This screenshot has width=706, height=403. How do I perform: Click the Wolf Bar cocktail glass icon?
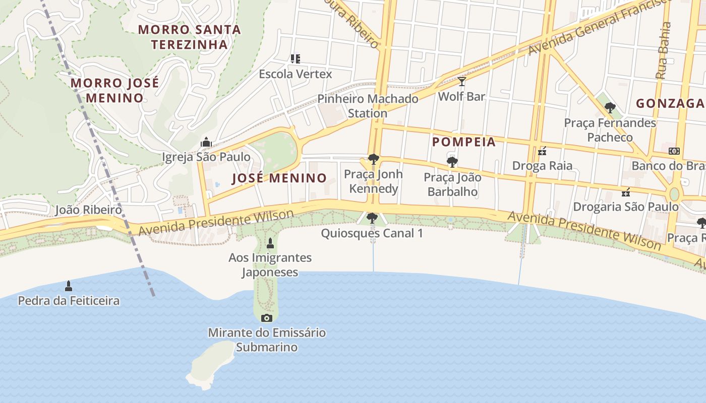[x=461, y=81]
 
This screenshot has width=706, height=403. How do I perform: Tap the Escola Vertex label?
[x=296, y=74]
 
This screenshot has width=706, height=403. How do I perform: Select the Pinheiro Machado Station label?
[x=368, y=106]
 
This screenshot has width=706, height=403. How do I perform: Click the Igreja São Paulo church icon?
[x=206, y=142]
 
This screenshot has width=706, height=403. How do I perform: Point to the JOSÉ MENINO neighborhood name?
[x=279, y=178]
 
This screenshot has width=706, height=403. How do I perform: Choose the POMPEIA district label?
[x=464, y=142]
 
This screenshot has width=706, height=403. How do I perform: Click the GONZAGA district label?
[x=670, y=103]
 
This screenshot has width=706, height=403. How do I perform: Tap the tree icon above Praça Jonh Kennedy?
[x=373, y=159]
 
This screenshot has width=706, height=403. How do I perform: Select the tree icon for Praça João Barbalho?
[x=452, y=162]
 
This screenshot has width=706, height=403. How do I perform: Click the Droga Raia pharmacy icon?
[x=542, y=151]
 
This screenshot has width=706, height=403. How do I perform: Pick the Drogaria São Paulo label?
[x=626, y=207]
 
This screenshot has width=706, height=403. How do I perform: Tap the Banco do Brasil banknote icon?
[x=674, y=151]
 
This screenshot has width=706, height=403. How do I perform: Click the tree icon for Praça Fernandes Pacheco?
[x=610, y=107]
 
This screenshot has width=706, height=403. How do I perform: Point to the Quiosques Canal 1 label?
[x=372, y=233]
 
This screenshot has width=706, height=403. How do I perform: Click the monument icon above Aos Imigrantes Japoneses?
[x=270, y=243]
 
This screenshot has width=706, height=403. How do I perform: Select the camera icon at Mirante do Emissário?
[x=267, y=318]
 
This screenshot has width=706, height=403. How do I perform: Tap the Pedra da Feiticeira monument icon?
[x=69, y=286]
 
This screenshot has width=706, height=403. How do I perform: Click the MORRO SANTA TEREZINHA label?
[x=190, y=37]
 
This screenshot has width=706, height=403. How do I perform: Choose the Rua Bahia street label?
[x=664, y=50]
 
